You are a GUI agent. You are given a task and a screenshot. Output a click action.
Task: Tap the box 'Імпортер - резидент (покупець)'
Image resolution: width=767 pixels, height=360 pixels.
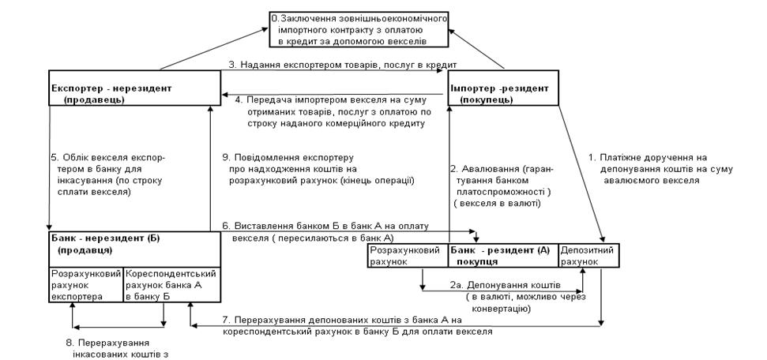tap(502, 93)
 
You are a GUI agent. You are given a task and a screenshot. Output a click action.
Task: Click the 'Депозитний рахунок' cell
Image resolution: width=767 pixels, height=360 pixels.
tap(586, 254)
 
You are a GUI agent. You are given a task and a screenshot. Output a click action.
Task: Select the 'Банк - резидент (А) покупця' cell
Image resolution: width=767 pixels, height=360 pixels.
tap(502, 254)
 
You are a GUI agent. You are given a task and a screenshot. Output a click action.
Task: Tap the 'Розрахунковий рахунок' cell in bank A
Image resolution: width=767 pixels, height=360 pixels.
tap(408, 254)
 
